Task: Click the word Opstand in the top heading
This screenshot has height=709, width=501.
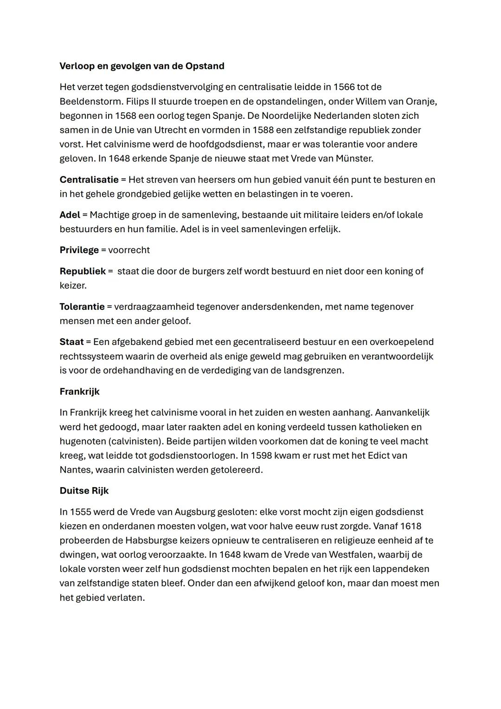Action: [x=205, y=66]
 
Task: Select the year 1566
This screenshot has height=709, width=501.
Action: [x=344, y=87]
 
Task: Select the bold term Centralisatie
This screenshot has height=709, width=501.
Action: [x=89, y=180]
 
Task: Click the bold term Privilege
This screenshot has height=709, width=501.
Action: [x=79, y=250]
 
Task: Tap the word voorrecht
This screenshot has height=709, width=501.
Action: [x=129, y=250]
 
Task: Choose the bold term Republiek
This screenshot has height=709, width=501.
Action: [x=83, y=271]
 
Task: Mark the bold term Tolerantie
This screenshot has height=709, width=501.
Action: [x=82, y=307]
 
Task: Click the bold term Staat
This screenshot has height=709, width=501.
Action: [x=71, y=342]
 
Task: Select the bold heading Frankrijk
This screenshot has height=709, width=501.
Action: [x=79, y=392]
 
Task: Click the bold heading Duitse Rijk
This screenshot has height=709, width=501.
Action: [x=84, y=491]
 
